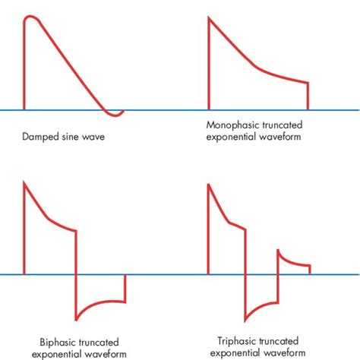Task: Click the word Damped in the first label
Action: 38,137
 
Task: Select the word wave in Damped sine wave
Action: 93,137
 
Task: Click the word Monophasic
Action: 232,125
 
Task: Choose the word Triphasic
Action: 235,341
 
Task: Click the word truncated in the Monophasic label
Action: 283,125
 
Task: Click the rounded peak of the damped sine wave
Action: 30,17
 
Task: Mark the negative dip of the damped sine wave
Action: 115,115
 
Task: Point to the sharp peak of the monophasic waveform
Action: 209,17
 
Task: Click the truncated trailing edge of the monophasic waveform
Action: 308,96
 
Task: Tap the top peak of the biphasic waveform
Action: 24,182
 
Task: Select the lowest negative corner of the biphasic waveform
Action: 76,320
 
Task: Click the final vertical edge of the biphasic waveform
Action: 125,288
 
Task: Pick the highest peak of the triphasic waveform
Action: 208,185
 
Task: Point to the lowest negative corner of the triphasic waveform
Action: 245,321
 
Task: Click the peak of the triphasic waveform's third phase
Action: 278,251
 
